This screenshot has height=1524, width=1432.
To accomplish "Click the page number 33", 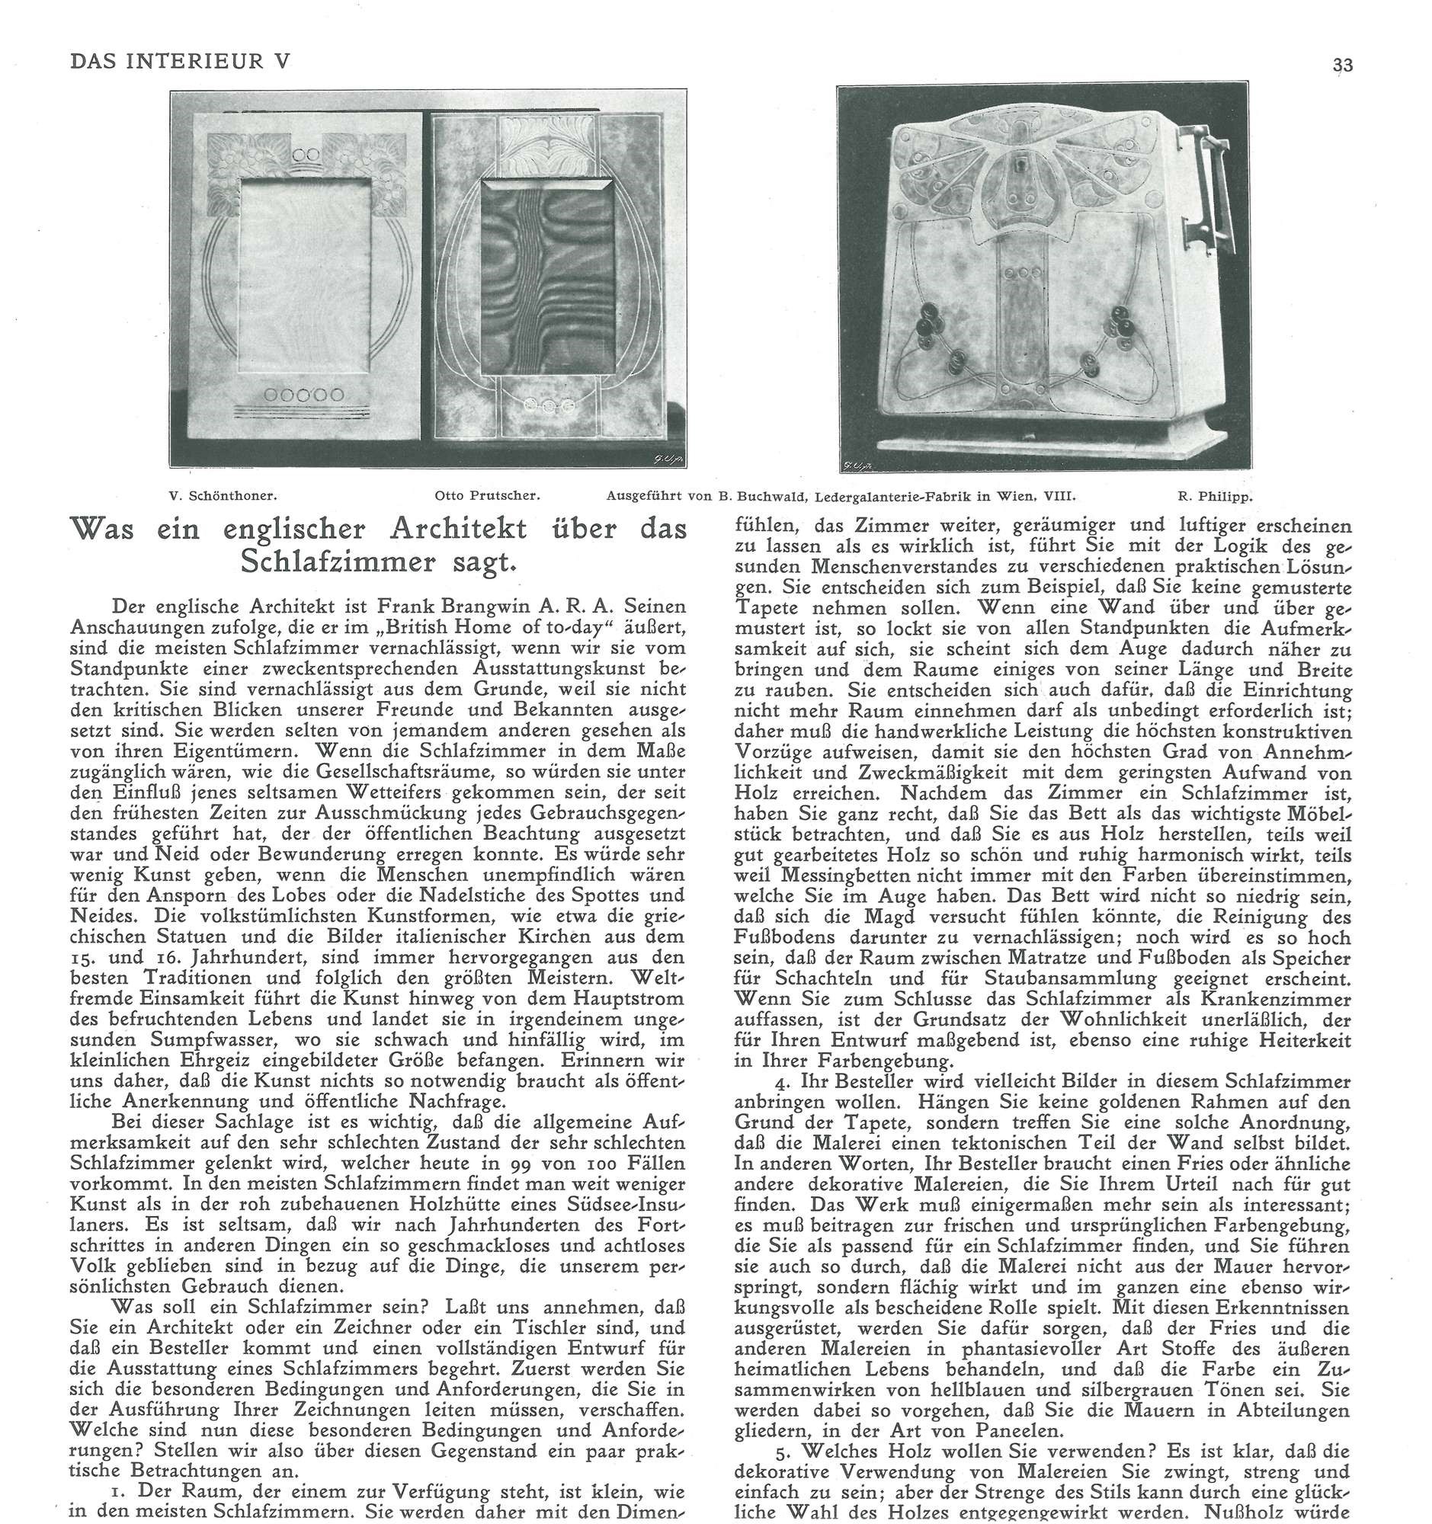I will [1342, 65].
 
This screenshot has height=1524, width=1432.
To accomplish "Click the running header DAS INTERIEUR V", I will [179, 61].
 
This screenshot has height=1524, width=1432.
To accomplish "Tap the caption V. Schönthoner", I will [223, 495].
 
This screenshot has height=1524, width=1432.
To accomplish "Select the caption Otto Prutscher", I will [487, 495].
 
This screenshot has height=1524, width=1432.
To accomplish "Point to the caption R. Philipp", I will [1215, 495].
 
